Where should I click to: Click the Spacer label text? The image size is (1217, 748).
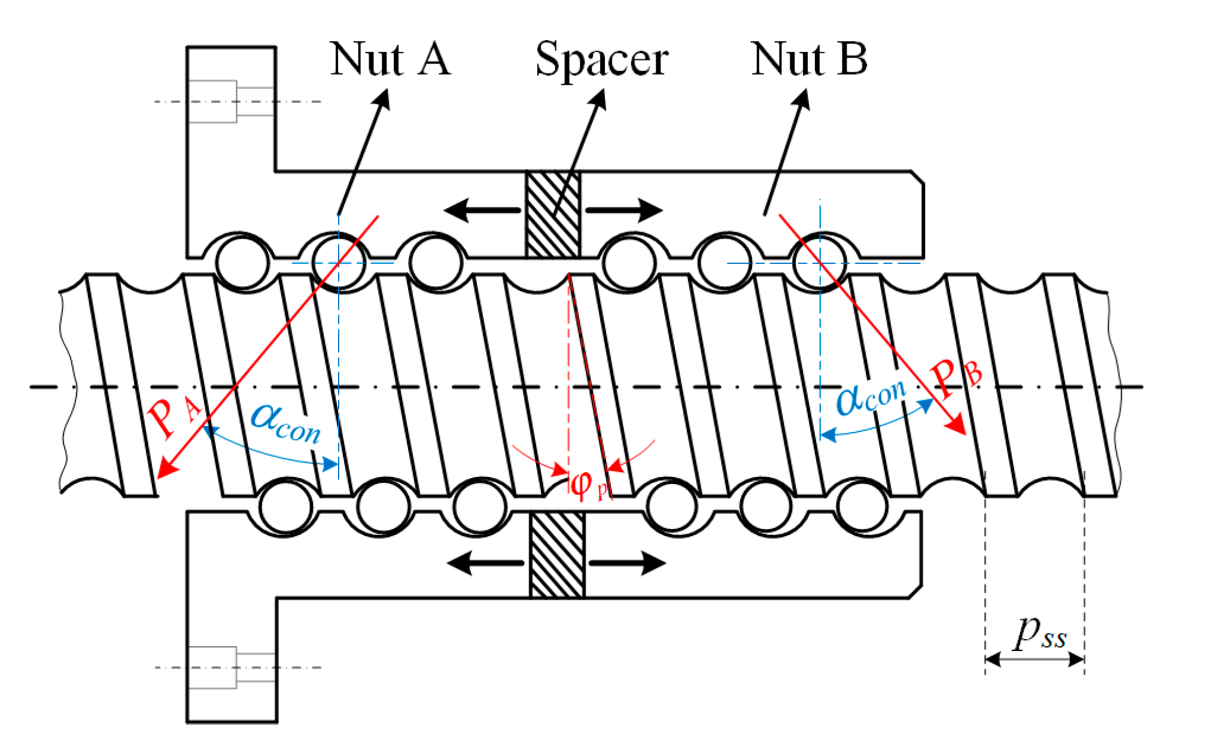point(601,60)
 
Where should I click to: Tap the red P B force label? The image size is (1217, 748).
point(956,377)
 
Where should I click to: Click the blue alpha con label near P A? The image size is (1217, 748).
point(286,424)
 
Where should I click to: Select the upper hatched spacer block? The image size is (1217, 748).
point(553,214)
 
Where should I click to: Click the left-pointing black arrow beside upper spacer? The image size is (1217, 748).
point(482,210)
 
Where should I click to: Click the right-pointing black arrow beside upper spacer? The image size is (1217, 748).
point(624,210)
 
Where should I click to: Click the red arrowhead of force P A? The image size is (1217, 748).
point(166,468)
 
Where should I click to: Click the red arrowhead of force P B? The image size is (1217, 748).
point(957,426)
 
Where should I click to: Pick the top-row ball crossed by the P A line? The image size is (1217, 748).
point(338,263)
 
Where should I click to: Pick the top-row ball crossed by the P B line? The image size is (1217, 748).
point(820,263)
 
